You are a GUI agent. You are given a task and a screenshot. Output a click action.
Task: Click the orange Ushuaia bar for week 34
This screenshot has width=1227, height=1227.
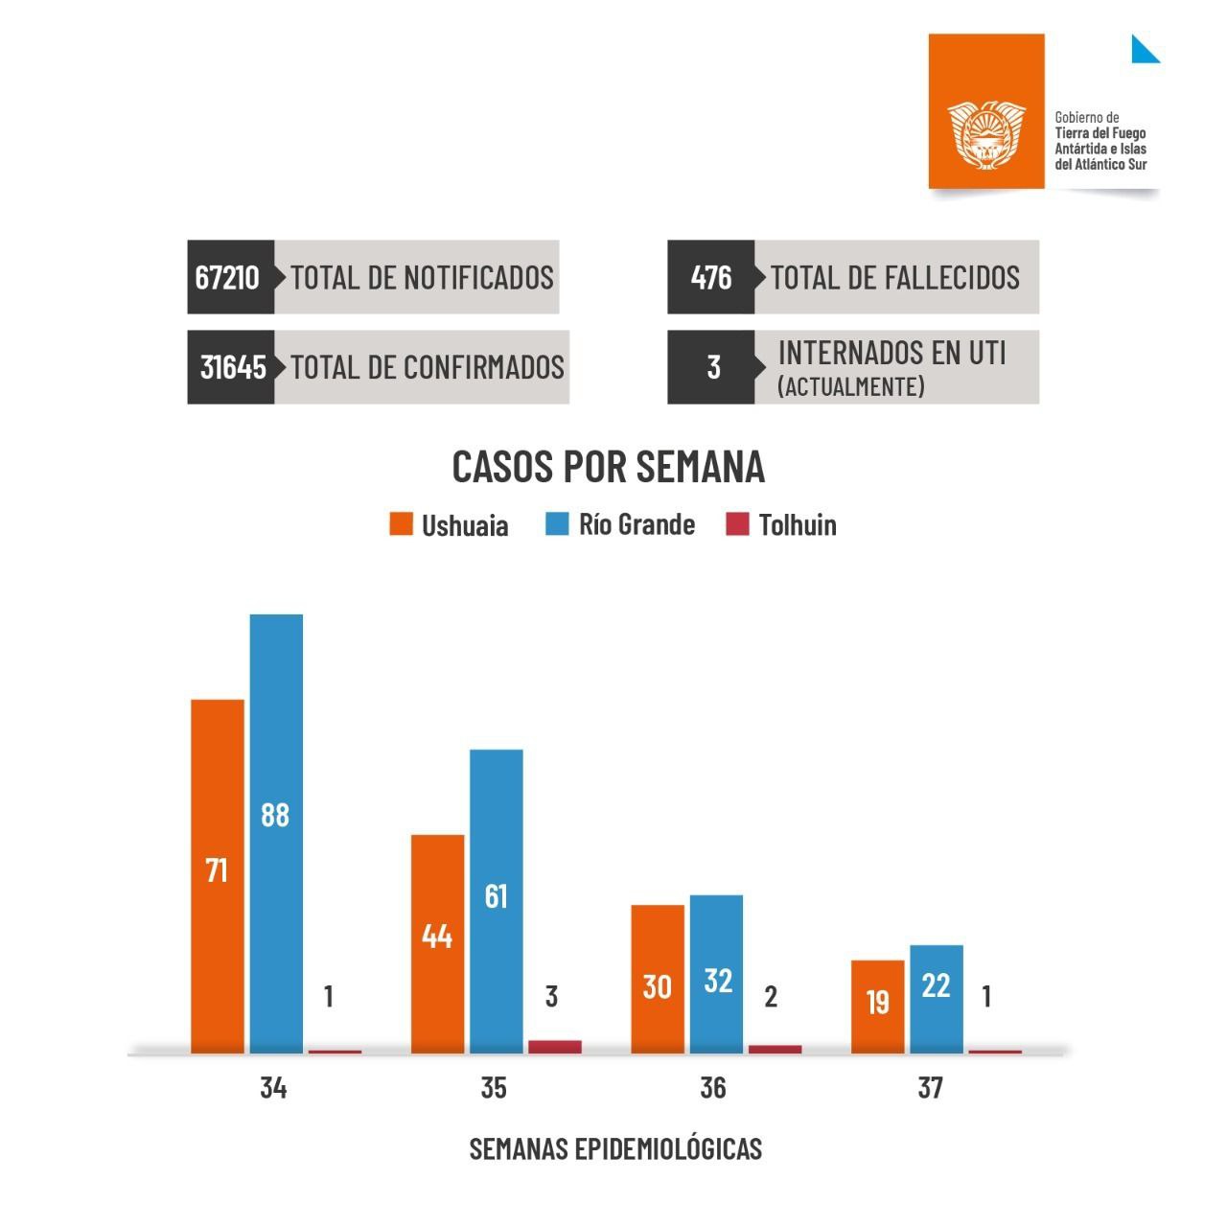(x=218, y=876)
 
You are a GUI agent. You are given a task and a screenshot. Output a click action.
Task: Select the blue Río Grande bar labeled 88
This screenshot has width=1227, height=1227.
(x=276, y=833)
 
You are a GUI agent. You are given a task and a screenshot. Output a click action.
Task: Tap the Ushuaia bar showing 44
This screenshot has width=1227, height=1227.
(x=437, y=944)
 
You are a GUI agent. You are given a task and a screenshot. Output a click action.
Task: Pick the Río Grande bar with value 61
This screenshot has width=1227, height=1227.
(x=497, y=901)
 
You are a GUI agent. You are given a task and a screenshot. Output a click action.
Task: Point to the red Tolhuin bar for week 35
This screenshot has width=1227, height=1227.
(x=554, y=1047)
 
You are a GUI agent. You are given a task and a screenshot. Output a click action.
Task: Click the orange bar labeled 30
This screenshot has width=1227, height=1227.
(x=658, y=979)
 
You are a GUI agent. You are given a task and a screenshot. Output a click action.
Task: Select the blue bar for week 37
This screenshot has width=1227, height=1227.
(x=937, y=999)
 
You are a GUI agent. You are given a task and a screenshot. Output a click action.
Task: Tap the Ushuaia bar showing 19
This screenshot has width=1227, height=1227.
(x=878, y=1007)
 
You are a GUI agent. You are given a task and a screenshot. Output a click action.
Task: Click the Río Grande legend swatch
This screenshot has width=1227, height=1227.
(x=557, y=524)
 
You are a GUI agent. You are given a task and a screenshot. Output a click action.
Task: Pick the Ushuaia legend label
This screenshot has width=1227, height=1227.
(x=465, y=525)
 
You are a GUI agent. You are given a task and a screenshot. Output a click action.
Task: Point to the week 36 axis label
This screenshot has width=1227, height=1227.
(x=713, y=1088)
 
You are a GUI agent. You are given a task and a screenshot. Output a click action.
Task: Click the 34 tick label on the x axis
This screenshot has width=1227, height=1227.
(x=273, y=1088)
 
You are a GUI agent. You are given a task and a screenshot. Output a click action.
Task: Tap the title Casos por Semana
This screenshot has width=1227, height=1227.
(x=609, y=467)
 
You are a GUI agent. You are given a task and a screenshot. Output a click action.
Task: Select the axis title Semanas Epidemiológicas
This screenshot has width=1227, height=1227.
(x=615, y=1148)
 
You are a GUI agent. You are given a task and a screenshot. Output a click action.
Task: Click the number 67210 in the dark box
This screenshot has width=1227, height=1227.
(x=227, y=277)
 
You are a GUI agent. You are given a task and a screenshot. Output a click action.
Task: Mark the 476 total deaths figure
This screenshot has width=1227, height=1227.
(x=711, y=277)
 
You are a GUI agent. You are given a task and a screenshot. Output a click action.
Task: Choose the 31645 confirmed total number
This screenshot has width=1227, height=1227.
(x=233, y=367)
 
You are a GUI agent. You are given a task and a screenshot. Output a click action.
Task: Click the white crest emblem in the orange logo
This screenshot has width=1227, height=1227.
(x=985, y=135)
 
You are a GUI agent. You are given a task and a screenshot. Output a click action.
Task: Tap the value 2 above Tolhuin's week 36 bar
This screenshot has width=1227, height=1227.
(x=771, y=997)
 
